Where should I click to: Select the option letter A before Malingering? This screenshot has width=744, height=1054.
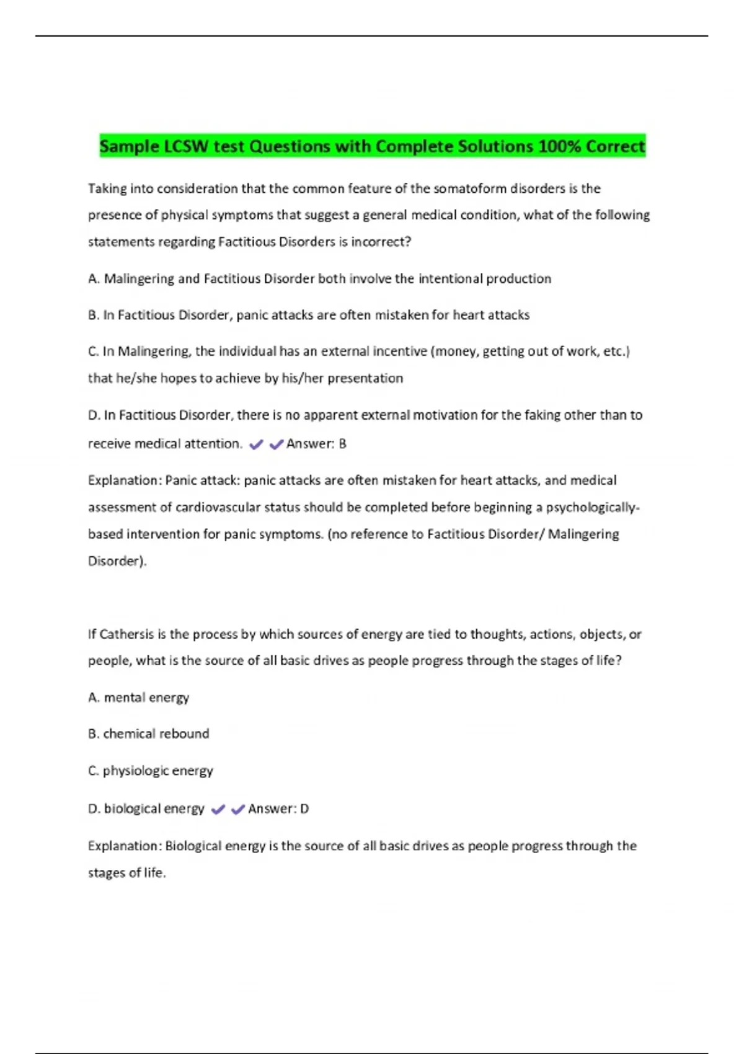(x=94, y=279)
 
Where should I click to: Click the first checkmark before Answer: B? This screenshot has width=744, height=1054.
(x=256, y=444)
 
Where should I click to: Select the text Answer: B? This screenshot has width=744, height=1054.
(x=316, y=444)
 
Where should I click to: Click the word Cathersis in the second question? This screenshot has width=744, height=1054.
(x=126, y=634)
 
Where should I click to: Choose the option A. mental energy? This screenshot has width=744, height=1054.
(x=139, y=697)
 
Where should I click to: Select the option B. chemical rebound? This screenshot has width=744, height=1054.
(x=149, y=734)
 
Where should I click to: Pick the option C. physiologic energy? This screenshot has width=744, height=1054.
(x=151, y=771)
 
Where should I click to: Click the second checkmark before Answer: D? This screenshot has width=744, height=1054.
(x=237, y=809)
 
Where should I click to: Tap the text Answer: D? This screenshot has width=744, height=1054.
(x=278, y=809)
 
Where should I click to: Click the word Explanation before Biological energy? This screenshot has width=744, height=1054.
(x=125, y=846)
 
